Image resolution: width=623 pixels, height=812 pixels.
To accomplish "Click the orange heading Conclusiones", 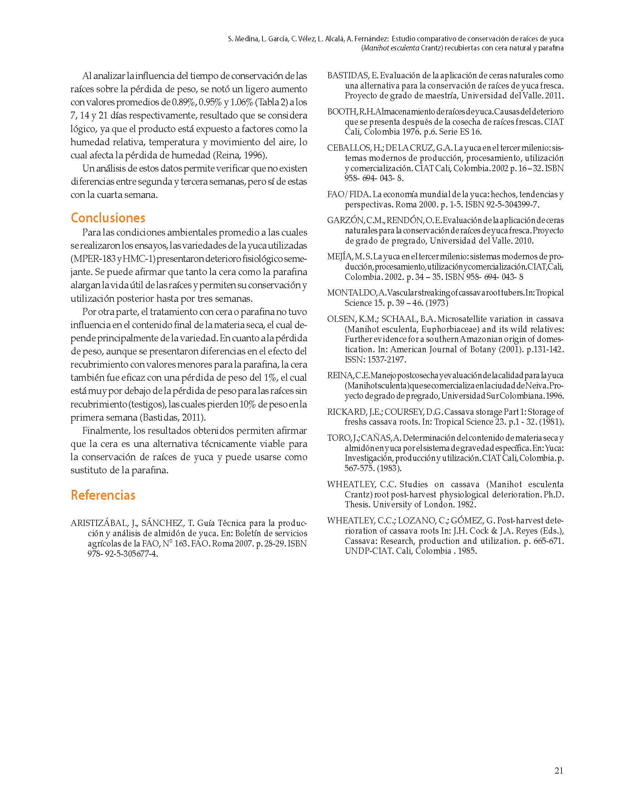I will tap(108, 218).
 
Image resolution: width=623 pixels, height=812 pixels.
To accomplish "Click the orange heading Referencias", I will tap(103, 495).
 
